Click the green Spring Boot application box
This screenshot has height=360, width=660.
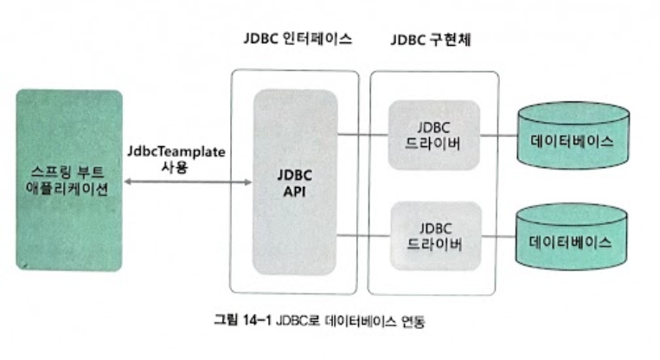(x=68, y=180)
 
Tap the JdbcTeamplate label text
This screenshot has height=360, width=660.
(x=175, y=151)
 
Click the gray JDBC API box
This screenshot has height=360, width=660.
(x=294, y=182)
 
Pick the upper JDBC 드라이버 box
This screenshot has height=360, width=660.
(x=433, y=133)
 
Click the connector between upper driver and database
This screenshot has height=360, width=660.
(x=497, y=134)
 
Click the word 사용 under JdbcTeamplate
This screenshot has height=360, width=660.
(x=175, y=167)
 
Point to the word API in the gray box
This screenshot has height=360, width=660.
(x=294, y=191)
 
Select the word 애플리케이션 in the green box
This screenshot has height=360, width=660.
(x=68, y=190)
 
